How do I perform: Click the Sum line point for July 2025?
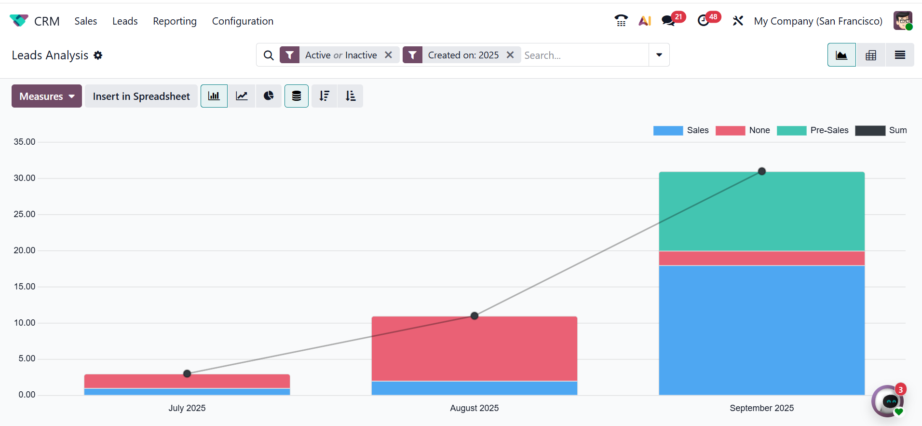pos(187,373)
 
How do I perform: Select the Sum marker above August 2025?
pos(475,316)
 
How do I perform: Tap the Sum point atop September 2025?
pos(762,171)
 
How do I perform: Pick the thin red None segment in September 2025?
pos(762,258)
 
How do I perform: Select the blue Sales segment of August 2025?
pos(475,388)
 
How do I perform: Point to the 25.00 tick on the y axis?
pos(25,214)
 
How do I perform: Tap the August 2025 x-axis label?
pos(475,408)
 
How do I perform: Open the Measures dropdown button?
pos(47,96)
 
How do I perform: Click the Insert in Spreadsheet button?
pos(141,96)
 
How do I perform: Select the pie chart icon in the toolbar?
pos(269,96)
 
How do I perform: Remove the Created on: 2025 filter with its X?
pos(510,55)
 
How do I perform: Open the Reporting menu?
pos(175,21)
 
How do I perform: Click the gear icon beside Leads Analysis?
pos(98,55)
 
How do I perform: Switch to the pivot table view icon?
pos(871,55)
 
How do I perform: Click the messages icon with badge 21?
pos(668,21)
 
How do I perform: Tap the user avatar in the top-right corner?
pos(902,21)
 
